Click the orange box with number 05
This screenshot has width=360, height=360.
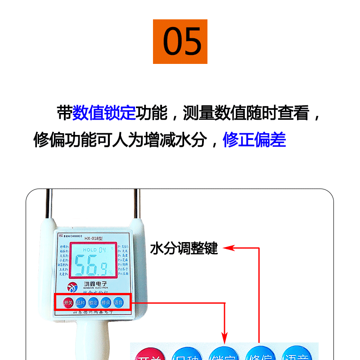pyautogui.click(x=180, y=41)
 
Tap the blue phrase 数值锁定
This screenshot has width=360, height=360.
pyautogui.click(x=104, y=112)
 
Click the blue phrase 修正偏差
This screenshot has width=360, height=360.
pyautogui.click(x=254, y=140)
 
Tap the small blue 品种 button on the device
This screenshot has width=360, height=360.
pyautogui.click(x=81, y=302)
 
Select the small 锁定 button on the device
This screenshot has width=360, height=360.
pyautogui.click(x=93, y=302)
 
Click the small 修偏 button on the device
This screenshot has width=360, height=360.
pyautogui.click(x=106, y=302)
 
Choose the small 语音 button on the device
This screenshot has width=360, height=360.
pyautogui.click(x=118, y=302)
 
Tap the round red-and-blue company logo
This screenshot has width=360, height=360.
pyautogui.click(x=72, y=287)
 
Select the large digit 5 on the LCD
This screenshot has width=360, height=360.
pyautogui.click(x=81, y=265)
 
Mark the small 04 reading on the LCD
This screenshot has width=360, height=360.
pyautogui.click(x=103, y=249)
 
